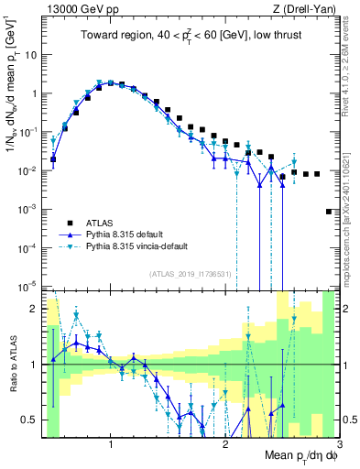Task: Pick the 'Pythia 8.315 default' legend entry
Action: (x=123, y=234)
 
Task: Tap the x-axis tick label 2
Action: (x=225, y=445)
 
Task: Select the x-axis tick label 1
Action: (x=111, y=445)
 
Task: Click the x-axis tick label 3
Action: (x=339, y=445)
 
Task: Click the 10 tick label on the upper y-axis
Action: (x=31, y=54)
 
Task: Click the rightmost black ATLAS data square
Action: (x=328, y=212)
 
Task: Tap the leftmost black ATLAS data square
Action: (x=53, y=159)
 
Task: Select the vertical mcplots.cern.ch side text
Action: (x=350, y=220)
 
